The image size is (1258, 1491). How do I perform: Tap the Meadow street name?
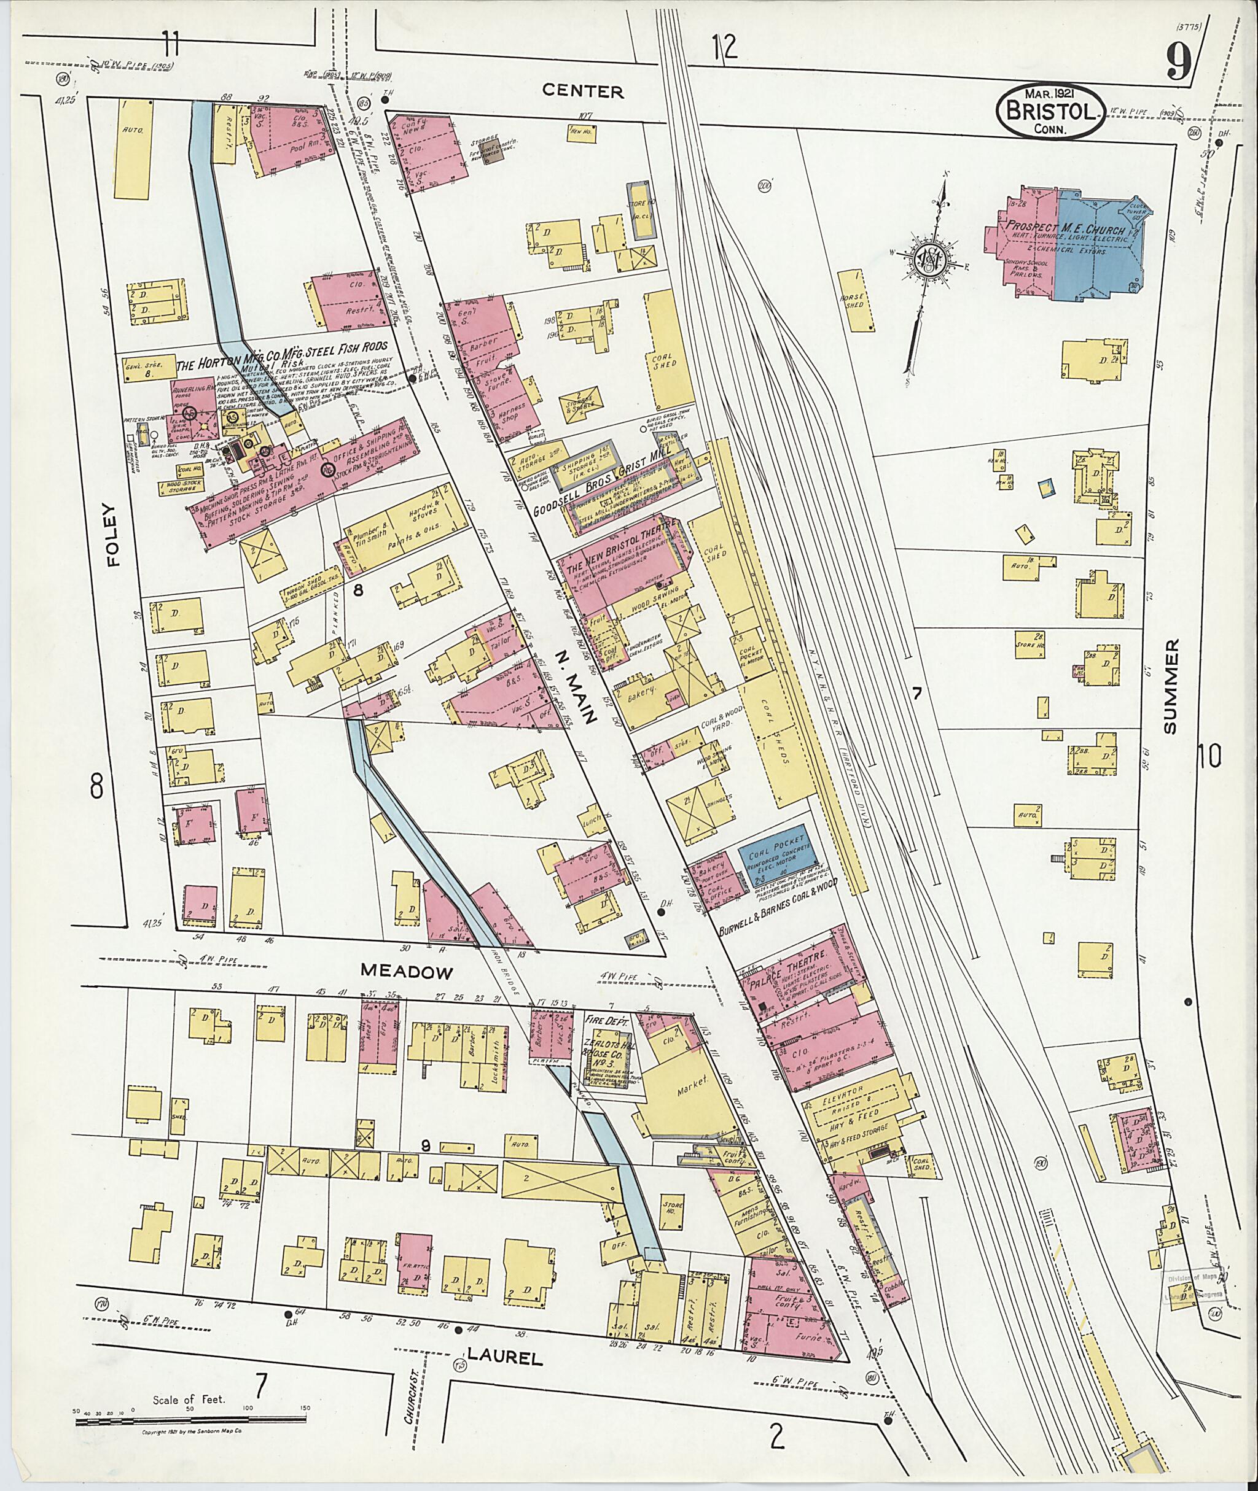coord(407,970)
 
